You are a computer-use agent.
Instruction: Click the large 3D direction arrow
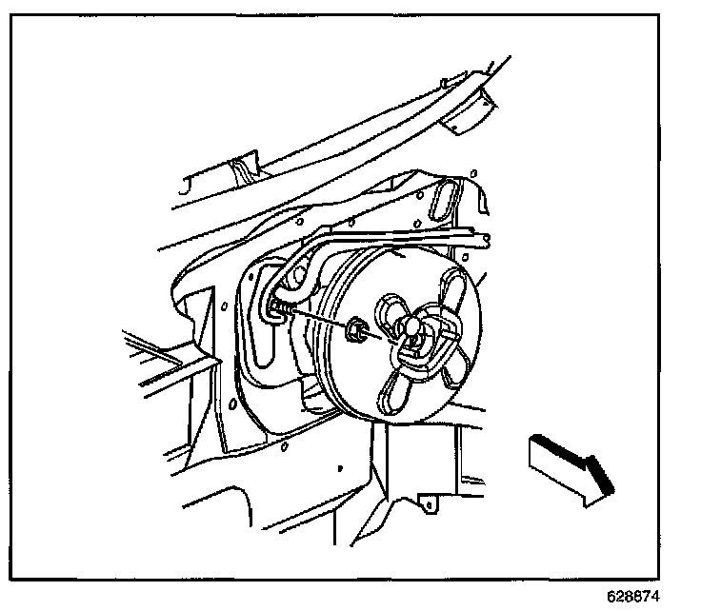[568, 466]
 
